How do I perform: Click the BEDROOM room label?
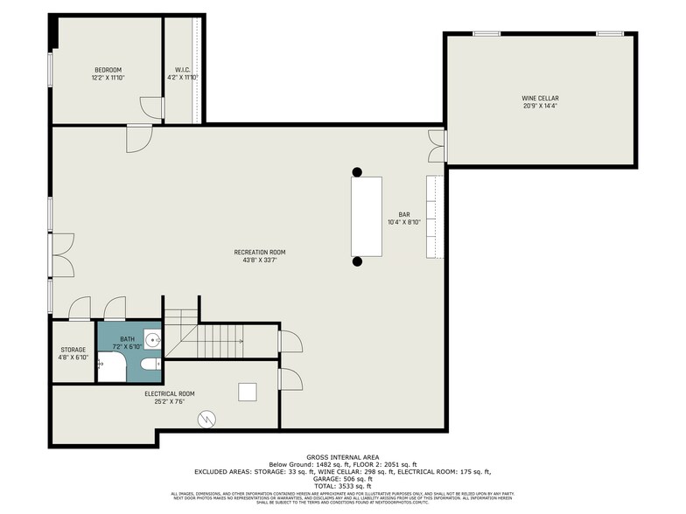click(108, 70)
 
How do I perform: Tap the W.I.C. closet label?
click(183, 70)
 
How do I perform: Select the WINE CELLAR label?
click(541, 99)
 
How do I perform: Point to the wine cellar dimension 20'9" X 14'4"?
click(541, 107)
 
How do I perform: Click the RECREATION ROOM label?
click(259, 252)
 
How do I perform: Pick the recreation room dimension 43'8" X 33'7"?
click(259, 260)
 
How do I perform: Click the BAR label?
click(404, 214)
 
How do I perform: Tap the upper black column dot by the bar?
click(357, 171)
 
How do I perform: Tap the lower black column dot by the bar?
click(357, 260)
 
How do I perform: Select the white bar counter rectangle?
click(367, 216)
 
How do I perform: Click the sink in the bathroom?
click(151, 340)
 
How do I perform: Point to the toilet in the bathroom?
click(150, 363)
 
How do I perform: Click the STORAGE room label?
click(73, 350)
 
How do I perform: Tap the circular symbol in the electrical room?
click(206, 420)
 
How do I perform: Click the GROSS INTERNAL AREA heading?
click(343, 457)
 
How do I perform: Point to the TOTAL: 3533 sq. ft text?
click(343, 486)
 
